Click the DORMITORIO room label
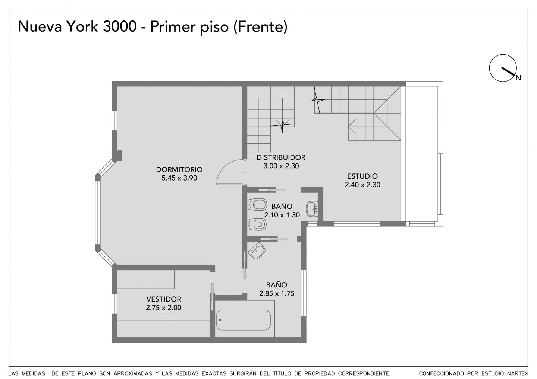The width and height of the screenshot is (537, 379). [x=179, y=170]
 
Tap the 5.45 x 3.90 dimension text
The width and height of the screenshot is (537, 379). [x=179, y=178]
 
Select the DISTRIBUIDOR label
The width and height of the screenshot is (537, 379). [x=281, y=158]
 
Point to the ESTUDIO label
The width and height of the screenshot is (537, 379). [x=362, y=176]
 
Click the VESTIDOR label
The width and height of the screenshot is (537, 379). [x=164, y=299]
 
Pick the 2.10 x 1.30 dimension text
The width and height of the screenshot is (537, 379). [x=282, y=215]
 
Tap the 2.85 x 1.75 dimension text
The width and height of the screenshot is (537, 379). [x=277, y=294]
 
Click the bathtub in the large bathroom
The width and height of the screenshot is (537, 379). [x=244, y=320]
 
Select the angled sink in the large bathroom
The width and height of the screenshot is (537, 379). [x=257, y=251]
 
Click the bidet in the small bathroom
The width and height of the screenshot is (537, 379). [x=257, y=204]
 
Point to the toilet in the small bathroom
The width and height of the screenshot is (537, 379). [x=257, y=224]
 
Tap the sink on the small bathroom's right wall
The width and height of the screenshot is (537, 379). [x=312, y=209]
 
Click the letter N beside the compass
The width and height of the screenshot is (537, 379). [x=518, y=78]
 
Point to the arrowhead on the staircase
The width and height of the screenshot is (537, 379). [x=352, y=127]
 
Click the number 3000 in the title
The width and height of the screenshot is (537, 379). [x=120, y=26]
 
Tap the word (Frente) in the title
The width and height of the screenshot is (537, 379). [x=260, y=27]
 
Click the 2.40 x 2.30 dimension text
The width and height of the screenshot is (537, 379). [x=362, y=185]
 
